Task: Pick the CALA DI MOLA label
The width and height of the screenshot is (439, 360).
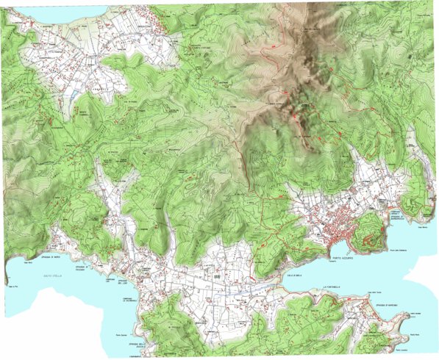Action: pos(294,273)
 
